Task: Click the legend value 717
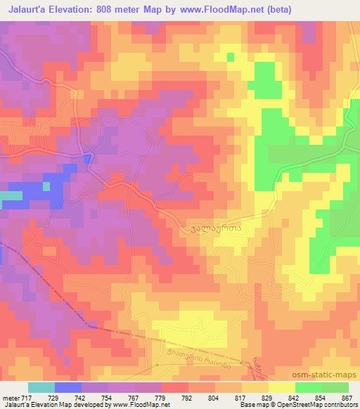click(x=25, y=397)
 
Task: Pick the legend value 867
click(x=347, y=397)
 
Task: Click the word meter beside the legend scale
click(x=9, y=397)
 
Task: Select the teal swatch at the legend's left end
click(x=41, y=387)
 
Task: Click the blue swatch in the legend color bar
click(x=68, y=387)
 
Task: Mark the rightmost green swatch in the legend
click(x=335, y=387)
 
